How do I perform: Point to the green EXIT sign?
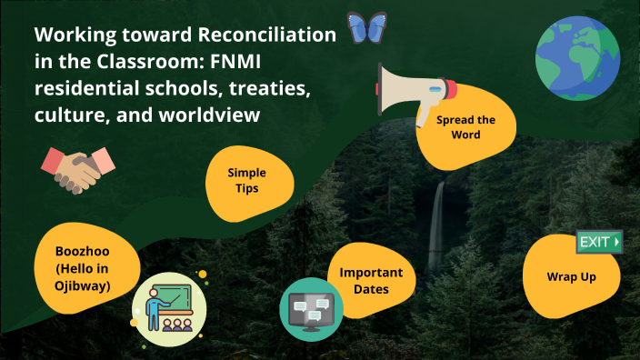[599, 242]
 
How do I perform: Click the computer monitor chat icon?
[312, 309]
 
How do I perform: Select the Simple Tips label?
[244, 179]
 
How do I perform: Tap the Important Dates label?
[371, 281]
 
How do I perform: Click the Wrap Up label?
[571, 276]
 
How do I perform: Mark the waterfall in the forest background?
[439, 218]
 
